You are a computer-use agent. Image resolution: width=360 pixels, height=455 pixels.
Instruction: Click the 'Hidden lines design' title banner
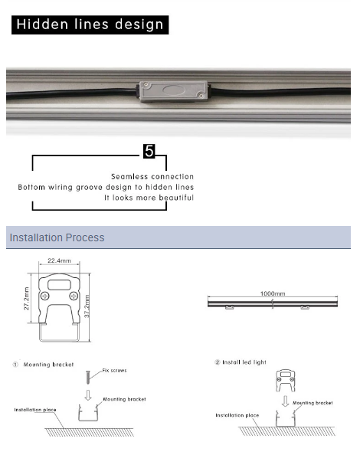pyautogui.click(x=90, y=25)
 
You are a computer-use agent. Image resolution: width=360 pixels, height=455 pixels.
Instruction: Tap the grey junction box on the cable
pyautogui.click(x=173, y=91)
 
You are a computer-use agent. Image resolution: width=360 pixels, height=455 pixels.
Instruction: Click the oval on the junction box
pyautogui.click(x=174, y=90)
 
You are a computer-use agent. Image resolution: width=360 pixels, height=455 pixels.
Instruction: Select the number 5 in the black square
pyautogui.click(x=149, y=151)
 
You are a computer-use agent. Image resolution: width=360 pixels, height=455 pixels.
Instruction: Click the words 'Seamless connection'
pyautogui.click(x=152, y=176)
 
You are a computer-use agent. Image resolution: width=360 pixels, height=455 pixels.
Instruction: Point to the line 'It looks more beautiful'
pyautogui.click(x=149, y=198)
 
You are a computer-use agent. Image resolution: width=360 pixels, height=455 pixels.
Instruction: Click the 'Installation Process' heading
pyautogui.click(x=57, y=237)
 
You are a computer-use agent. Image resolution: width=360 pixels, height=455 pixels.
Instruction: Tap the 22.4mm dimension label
pyautogui.click(x=59, y=260)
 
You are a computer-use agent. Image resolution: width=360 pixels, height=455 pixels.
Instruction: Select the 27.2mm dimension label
pyautogui.click(x=26, y=299)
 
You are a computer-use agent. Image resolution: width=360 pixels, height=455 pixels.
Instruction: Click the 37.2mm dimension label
pyautogui.click(x=87, y=306)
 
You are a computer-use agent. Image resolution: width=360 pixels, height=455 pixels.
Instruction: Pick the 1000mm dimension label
pyautogui.click(x=273, y=293)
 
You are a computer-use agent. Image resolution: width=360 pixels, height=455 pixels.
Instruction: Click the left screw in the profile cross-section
pyautogui.click(x=45, y=296)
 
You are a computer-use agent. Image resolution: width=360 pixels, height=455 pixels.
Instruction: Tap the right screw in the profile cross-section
pyautogui.click(x=74, y=296)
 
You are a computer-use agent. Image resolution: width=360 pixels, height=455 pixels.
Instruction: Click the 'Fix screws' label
pyautogui.click(x=115, y=370)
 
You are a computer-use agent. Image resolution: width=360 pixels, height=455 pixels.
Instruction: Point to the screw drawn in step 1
pyautogui.click(x=88, y=377)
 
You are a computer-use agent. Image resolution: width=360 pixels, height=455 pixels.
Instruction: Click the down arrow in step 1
pyautogui.click(x=88, y=395)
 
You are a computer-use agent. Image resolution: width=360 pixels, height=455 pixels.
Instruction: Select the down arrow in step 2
pyautogui.click(x=286, y=401)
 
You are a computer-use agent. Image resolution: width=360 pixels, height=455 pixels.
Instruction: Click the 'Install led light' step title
pyautogui.click(x=244, y=362)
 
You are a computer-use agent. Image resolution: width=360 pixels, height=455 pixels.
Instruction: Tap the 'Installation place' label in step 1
pyautogui.click(x=35, y=410)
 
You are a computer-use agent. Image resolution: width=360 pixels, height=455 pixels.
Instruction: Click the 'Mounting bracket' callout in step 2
pyautogui.click(x=313, y=403)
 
